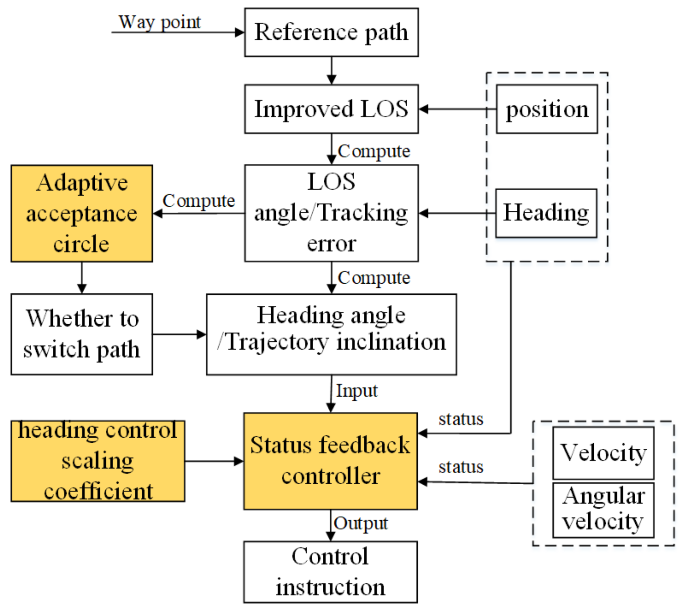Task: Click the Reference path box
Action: [331, 32]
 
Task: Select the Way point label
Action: [160, 22]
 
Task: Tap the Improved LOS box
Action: [331, 109]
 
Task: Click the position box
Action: [547, 109]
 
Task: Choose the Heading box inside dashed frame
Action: [546, 213]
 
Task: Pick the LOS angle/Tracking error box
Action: [331, 212]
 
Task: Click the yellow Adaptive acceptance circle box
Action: [82, 213]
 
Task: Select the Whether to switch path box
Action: [82, 334]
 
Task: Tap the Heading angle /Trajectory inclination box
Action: [331, 334]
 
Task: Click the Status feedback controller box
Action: [330, 461]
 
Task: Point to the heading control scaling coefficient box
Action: [98, 461]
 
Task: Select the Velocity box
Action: [603, 453]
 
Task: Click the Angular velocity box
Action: [603, 509]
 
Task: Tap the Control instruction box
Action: [330, 572]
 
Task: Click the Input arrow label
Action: [357, 391]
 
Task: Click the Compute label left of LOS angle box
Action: [198, 201]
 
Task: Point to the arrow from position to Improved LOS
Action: [457, 109]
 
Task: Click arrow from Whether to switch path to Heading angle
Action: [179, 334]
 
